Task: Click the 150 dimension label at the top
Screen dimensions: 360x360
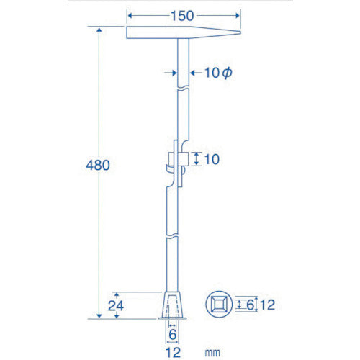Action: tap(182, 16)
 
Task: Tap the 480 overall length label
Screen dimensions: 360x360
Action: tap(98, 165)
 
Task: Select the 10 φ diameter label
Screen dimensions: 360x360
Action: tap(218, 73)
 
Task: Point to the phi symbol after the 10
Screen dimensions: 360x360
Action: tap(227, 73)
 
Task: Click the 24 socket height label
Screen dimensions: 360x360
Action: tap(116, 306)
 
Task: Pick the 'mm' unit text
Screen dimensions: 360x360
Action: tap(212, 353)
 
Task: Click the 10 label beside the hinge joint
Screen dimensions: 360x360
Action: tap(212, 159)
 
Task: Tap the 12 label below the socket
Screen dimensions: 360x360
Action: tap(173, 353)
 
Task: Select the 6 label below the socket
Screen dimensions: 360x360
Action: tap(173, 335)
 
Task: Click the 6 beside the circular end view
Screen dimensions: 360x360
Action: tap(250, 305)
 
